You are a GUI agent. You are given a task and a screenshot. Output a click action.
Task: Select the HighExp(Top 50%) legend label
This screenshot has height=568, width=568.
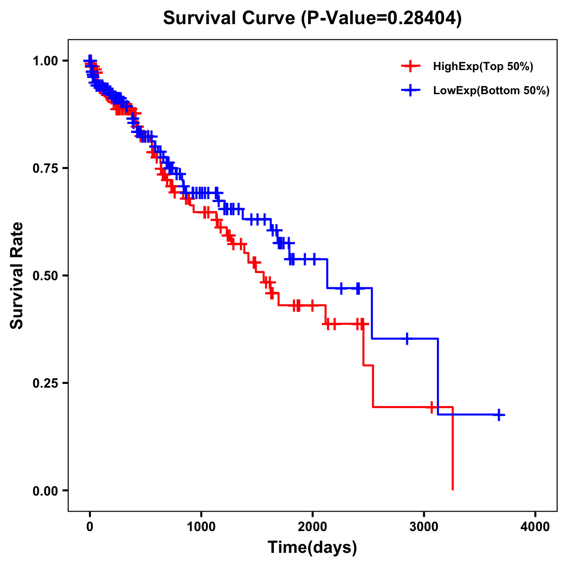tap(483, 67)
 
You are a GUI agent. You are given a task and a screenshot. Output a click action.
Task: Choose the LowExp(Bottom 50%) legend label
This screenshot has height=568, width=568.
tap(491, 91)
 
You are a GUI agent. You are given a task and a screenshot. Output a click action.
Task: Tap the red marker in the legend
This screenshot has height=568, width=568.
tap(410, 66)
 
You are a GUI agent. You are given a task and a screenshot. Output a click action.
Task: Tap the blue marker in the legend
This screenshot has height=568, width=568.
tap(410, 90)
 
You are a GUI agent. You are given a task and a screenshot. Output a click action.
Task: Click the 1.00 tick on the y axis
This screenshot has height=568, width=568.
tap(45, 61)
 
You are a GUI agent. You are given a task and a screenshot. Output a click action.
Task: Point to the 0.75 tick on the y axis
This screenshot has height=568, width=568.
tap(45, 168)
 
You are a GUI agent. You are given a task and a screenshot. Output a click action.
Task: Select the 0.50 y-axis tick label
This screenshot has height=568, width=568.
tap(45, 275)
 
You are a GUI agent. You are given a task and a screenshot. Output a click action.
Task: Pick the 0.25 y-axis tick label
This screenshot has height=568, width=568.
tap(45, 383)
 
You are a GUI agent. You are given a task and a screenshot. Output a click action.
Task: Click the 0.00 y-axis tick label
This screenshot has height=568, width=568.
tap(45, 490)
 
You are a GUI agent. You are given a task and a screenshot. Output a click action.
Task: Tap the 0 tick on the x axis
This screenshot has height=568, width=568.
tap(90, 526)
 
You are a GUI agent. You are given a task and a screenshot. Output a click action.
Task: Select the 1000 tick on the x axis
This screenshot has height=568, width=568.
tap(201, 526)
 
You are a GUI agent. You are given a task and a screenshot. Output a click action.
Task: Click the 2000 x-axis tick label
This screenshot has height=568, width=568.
tap(312, 526)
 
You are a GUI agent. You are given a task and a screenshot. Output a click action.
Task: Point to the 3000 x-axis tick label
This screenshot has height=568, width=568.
tap(424, 526)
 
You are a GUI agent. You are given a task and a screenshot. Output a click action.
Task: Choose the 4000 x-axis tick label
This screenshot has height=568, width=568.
tap(535, 526)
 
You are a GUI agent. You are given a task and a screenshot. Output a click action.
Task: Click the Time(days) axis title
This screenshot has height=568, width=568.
tap(312, 548)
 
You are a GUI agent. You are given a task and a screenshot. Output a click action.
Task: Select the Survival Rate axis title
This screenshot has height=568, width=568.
tap(17, 275)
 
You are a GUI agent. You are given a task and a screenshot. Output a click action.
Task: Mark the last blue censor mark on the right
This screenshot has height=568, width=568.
tap(498, 415)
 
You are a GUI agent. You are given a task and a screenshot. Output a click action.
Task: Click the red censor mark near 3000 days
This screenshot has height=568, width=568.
tap(432, 407)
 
